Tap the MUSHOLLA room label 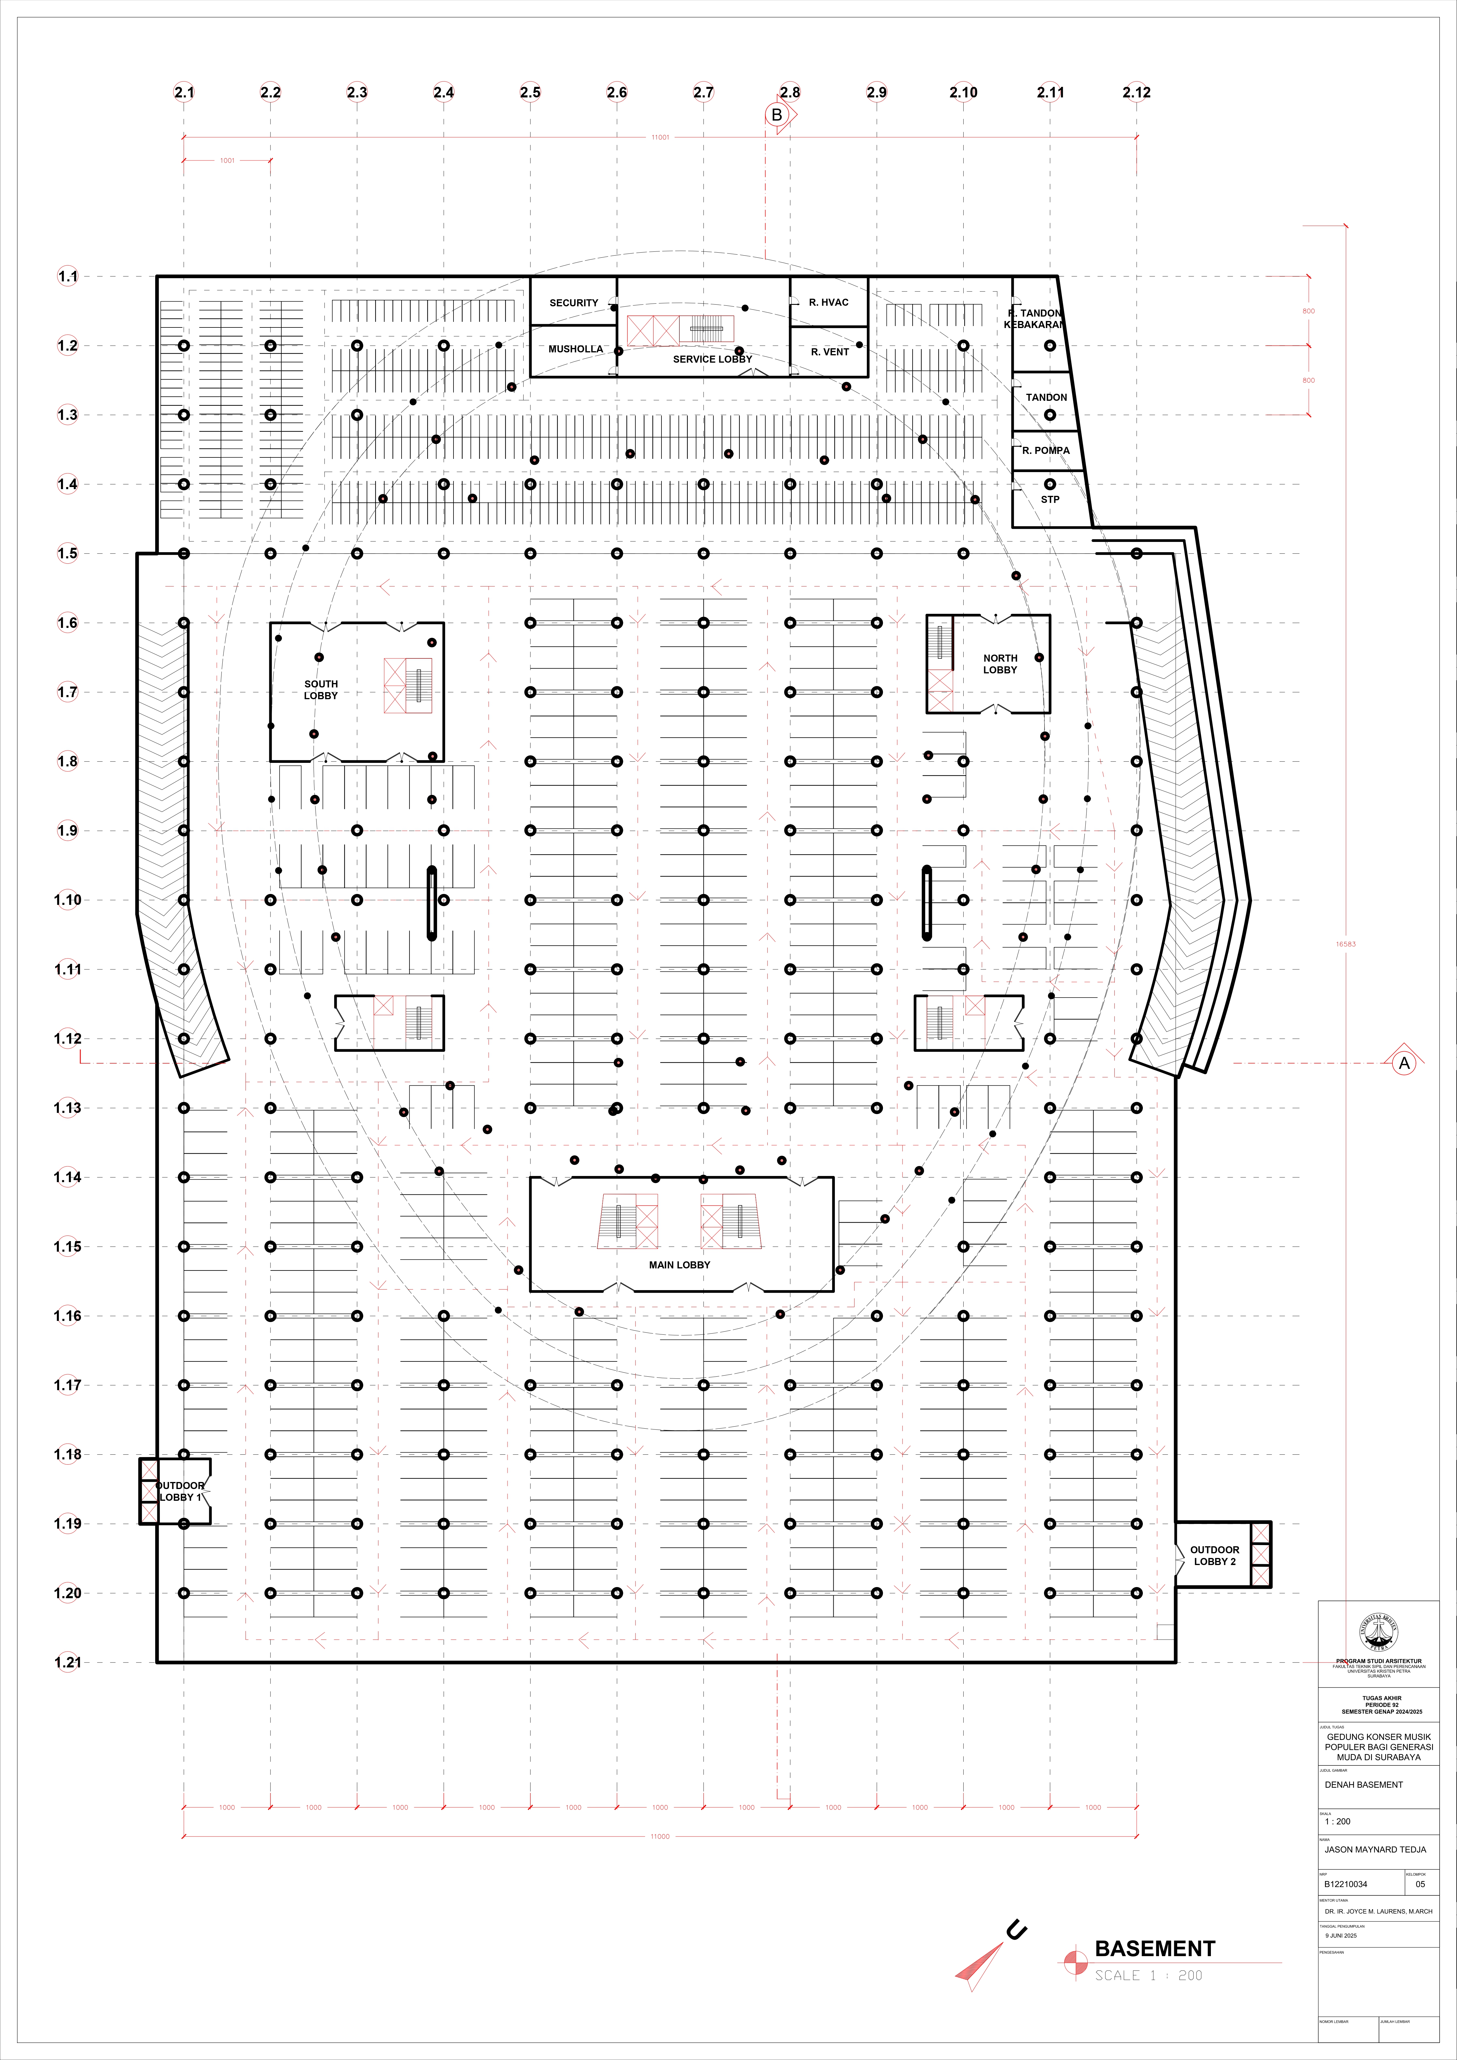pos(575,349)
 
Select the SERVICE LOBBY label pos(712,359)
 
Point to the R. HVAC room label pos(828,303)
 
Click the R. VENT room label pos(829,352)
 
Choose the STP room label pos(1050,500)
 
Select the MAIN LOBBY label pos(679,1265)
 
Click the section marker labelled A pos(1403,1063)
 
